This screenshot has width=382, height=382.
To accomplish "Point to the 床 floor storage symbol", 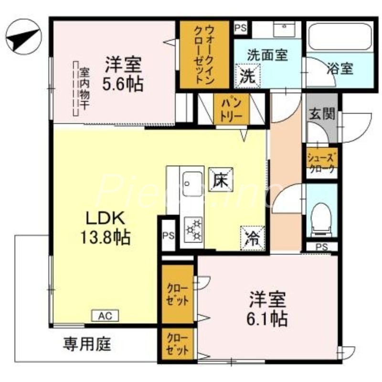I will point(221,180).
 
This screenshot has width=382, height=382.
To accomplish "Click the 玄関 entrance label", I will point(321,115).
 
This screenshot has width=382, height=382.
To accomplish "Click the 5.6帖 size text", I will point(123,85).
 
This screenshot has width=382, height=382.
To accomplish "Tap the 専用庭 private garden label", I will point(87,344).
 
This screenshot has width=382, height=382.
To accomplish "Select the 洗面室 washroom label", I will point(267,54).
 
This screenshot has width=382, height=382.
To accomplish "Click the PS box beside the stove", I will point(168,235).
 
